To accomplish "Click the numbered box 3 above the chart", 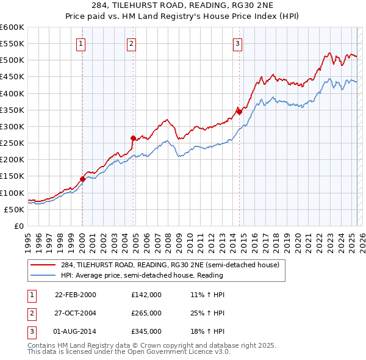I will coord(237,43).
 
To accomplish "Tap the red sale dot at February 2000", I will coord(82,179).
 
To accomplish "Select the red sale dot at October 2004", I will coord(133,138).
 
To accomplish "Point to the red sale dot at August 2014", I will coord(239,112).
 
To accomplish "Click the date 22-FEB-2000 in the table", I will coord(76,295).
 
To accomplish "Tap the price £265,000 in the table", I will coord(146,313).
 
